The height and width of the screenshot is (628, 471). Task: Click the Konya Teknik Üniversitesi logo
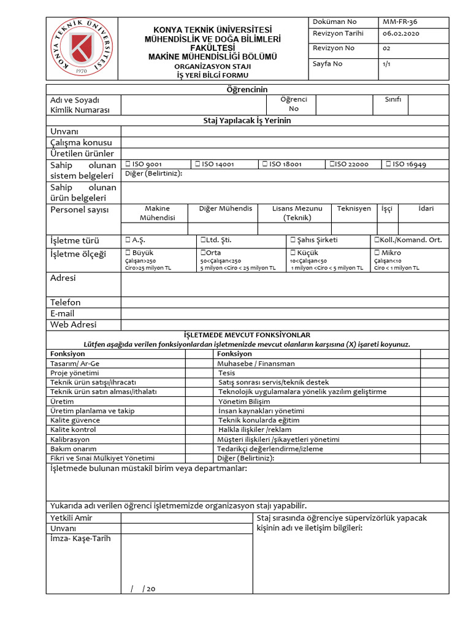(82, 50)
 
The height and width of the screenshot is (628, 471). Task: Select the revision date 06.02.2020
(401, 34)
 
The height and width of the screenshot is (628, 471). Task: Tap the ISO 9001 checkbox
(128, 164)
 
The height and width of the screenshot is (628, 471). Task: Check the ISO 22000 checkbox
(331, 164)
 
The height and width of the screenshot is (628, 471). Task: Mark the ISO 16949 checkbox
(388, 164)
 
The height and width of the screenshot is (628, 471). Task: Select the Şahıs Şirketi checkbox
(293, 240)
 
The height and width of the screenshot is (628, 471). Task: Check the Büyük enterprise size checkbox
(128, 253)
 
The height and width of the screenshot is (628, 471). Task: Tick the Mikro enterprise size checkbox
(377, 253)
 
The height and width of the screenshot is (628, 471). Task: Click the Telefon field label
(65, 302)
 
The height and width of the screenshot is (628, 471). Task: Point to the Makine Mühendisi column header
(157, 213)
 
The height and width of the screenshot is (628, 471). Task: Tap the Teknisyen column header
(354, 209)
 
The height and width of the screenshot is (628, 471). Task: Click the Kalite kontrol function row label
(73, 430)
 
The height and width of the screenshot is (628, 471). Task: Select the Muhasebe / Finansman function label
(256, 364)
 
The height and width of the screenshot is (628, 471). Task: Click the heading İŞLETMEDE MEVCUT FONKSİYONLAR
(247, 335)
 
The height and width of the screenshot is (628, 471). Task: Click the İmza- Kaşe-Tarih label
(80, 539)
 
